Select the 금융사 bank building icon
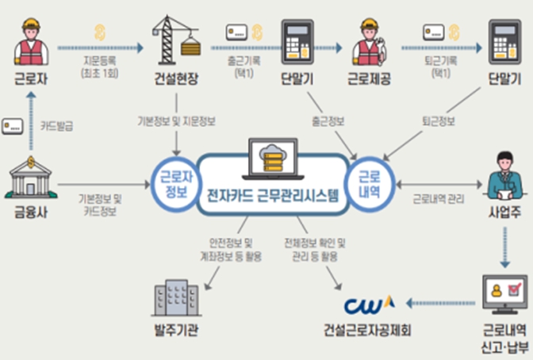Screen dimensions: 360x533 click(x=29, y=178)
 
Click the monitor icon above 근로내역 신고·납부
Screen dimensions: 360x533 click(x=504, y=293)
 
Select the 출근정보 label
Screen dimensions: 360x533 click(x=328, y=121)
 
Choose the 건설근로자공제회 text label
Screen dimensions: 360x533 click(x=368, y=329)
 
